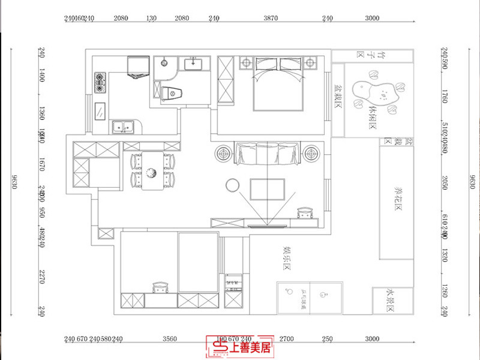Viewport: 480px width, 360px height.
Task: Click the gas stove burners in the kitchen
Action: [100, 83]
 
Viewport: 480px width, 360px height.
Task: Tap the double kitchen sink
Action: [124, 127]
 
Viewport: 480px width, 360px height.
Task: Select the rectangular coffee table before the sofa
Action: [268, 188]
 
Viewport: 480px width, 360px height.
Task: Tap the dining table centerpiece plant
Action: [152, 173]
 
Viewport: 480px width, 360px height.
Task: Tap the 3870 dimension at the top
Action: [271, 19]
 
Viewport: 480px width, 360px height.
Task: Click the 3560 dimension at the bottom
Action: [172, 340]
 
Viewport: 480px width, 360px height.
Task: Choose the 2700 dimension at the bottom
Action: [287, 340]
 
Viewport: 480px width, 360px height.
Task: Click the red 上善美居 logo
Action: [239, 346]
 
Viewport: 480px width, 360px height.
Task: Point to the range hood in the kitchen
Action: [139, 66]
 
